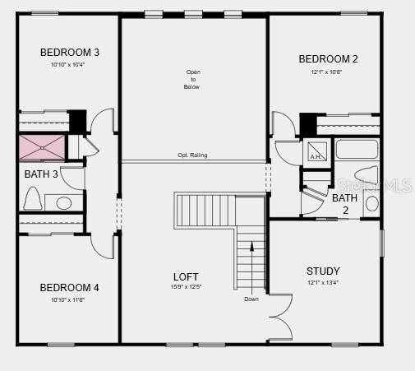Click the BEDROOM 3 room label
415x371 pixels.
point(70,53)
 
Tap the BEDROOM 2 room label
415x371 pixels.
point(328,59)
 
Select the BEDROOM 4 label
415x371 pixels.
point(70,288)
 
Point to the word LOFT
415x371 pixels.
point(186,277)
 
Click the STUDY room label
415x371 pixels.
point(323,271)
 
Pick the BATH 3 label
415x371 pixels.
point(41,174)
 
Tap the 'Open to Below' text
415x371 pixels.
point(192,79)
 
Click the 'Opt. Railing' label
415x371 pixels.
point(192,155)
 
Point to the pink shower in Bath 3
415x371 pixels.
point(43,147)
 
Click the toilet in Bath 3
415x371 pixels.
point(34,198)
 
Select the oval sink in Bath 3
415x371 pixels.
point(63,202)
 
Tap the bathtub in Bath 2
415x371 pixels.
point(357,150)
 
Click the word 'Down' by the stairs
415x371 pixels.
point(251,299)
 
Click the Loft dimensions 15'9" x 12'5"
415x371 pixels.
point(186,287)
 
